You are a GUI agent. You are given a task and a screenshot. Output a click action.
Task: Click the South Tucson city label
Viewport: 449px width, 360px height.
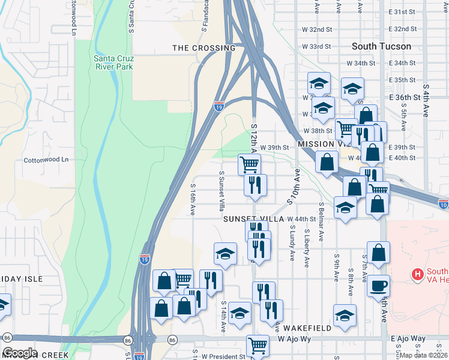point(381,46)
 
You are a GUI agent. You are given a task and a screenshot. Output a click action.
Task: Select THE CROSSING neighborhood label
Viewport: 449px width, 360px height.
point(203,48)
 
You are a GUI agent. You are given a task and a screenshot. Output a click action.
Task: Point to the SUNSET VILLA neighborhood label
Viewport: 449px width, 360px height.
point(253,220)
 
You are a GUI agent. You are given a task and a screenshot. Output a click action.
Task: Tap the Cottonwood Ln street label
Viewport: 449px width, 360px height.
point(46,160)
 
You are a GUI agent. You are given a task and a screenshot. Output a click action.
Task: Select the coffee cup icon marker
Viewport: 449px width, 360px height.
point(378,286)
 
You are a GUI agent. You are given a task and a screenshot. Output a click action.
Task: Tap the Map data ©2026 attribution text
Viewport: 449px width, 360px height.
point(424,355)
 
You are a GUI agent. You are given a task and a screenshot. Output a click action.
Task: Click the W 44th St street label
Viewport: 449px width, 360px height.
point(301,219)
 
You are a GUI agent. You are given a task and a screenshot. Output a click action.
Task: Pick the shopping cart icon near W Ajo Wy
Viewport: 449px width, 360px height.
point(258,345)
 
